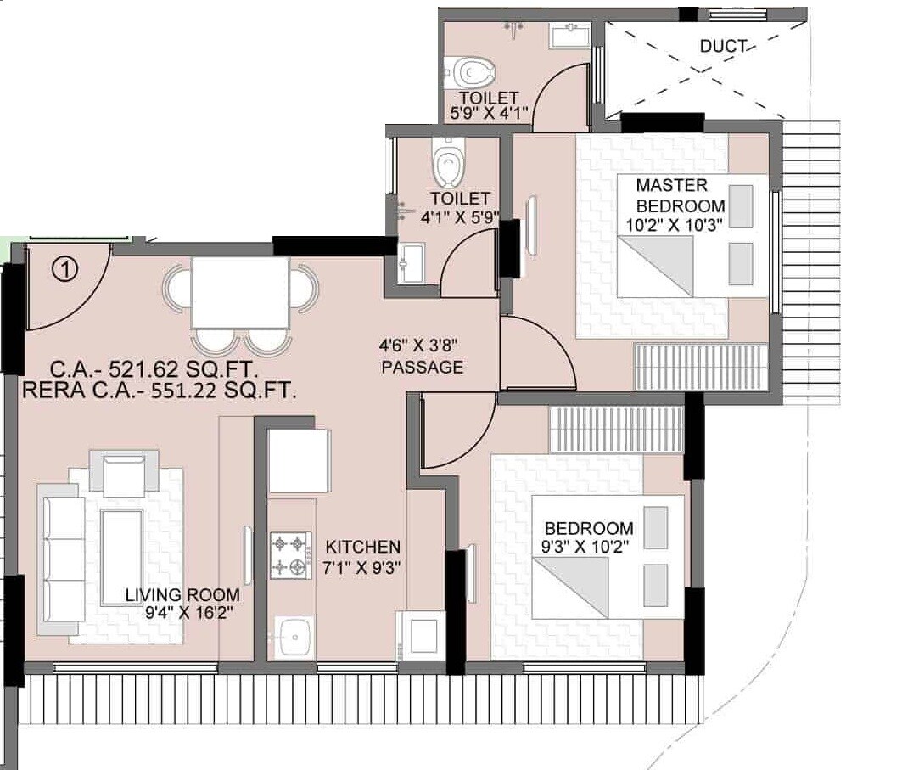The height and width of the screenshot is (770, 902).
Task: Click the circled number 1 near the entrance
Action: [64, 270]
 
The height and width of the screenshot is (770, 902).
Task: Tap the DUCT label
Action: [724, 46]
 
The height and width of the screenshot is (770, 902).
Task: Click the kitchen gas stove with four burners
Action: [291, 556]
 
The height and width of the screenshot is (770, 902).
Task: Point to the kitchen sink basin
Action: [294, 634]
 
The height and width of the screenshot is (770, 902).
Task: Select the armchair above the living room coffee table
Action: [126, 474]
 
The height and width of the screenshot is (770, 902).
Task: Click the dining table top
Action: [240, 292]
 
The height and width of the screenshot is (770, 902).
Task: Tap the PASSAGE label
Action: [422, 368]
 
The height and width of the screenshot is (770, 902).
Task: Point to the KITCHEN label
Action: [362, 547]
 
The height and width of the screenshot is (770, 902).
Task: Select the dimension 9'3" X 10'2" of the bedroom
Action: [587, 547]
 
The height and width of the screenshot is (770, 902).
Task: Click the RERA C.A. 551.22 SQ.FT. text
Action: [159, 391]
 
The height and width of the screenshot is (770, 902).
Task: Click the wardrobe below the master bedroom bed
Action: [701, 367]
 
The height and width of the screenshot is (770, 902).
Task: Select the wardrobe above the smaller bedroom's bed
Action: [616, 430]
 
